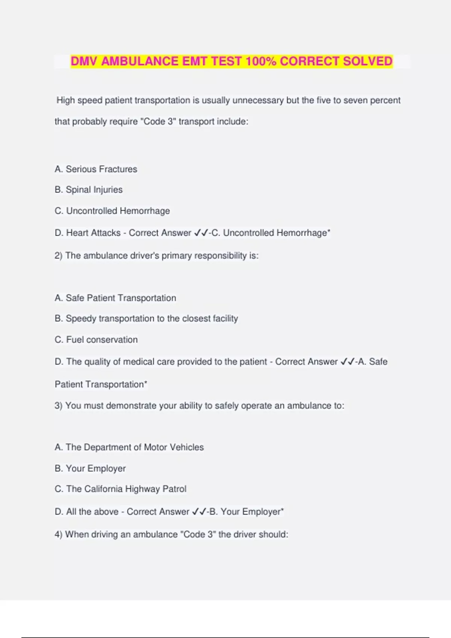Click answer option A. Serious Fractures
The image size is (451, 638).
coord(96,169)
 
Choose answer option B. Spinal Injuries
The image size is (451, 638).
coord(89,190)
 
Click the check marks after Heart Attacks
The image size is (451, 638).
coord(201,233)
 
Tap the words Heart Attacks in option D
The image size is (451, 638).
coord(93,233)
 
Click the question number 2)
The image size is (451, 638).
coord(59,256)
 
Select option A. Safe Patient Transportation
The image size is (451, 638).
coord(115,298)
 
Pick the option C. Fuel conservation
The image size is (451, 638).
coord(96,340)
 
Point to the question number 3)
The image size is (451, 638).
coord(59,406)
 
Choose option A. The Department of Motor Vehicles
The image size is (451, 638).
coord(129,447)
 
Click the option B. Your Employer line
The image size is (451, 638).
coord(90,468)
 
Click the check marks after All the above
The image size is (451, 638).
coord(199,512)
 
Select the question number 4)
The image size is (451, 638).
coord(59,534)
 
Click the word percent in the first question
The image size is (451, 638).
coord(385,101)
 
